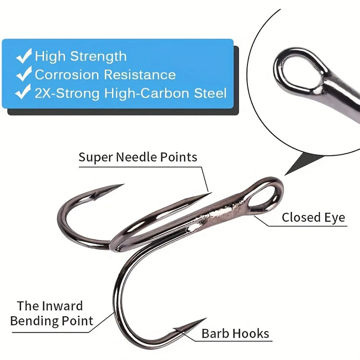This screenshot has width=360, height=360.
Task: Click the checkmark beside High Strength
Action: [x=24, y=55]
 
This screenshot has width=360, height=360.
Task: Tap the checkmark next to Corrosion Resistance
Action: [x=24, y=73]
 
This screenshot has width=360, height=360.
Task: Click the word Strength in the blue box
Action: [x=98, y=56]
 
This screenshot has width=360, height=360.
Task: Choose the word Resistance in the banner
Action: [x=140, y=75]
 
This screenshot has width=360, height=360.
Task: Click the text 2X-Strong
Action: [x=67, y=93]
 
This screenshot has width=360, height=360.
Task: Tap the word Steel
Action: [x=210, y=93]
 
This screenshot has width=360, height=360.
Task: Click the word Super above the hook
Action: [x=96, y=158]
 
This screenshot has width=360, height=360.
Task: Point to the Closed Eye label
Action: [x=314, y=217]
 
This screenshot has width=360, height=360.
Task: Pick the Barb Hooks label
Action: [x=235, y=333]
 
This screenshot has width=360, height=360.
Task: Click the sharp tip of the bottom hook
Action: [x=206, y=318]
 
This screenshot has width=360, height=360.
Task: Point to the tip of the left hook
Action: [x=123, y=184]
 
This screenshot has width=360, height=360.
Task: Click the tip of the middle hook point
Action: [x=211, y=193]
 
